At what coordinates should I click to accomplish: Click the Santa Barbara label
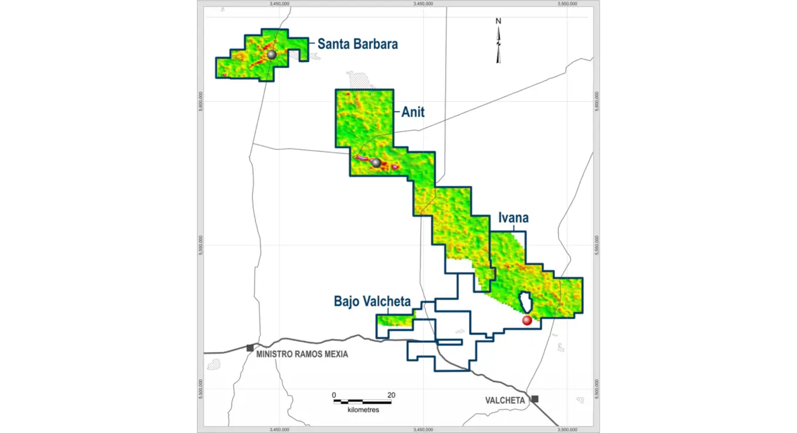click(x=357, y=44)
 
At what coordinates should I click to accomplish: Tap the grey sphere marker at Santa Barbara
click(x=271, y=54)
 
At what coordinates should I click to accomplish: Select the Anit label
click(x=413, y=112)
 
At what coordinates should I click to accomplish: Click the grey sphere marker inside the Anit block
click(x=376, y=163)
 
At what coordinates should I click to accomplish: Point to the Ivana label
click(x=513, y=218)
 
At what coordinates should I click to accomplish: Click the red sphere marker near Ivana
click(x=527, y=320)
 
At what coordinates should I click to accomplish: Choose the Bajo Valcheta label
click(x=372, y=301)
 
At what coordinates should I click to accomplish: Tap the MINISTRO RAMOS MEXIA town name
click(x=302, y=354)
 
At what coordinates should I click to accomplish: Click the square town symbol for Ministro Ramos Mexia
click(x=250, y=348)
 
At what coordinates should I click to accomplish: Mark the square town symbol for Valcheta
click(x=534, y=399)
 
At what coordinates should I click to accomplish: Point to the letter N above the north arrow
click(x=499, y=21)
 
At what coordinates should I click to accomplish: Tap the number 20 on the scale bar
click(x=391, y=395)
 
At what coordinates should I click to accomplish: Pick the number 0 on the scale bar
click(x=333, y=395)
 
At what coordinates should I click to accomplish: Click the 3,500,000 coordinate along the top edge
click(x=567, y=4)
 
